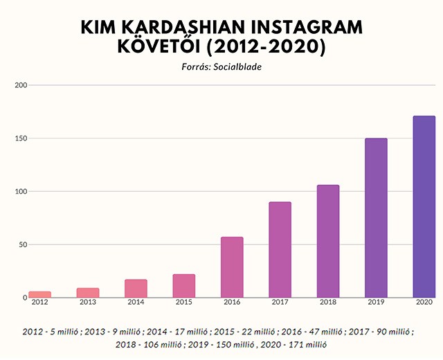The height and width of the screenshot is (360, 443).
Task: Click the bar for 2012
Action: point(40,294)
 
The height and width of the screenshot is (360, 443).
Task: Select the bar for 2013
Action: point(88,293)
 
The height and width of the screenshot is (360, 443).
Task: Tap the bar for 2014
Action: point(136,289)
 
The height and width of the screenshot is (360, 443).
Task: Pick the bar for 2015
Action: point(184,286)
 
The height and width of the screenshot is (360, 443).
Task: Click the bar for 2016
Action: point(232,267)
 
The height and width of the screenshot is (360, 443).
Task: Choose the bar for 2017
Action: point(280,250)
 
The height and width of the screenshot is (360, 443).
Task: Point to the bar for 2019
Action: point(376,218)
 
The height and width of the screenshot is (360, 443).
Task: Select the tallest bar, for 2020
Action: point(424,207)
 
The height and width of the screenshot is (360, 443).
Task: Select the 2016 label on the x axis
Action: point(232,303)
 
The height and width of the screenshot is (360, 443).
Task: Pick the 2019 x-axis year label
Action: point(376,303)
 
